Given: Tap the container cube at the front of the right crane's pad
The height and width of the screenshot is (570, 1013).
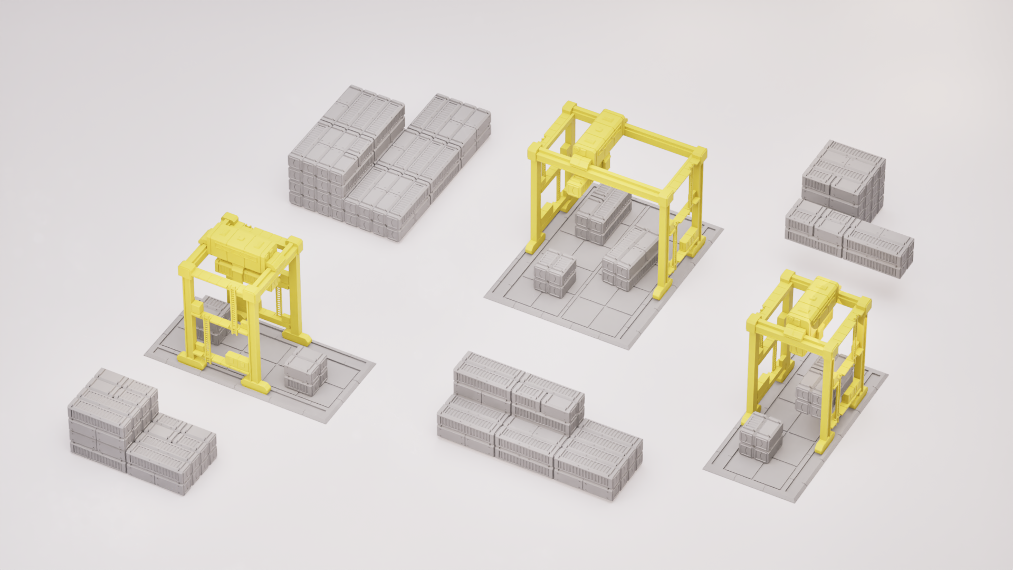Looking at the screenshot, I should (760, 437).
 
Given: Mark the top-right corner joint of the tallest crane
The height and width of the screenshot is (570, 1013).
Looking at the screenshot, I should (699, 154).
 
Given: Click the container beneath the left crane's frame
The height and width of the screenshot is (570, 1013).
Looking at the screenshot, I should (214, 317).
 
